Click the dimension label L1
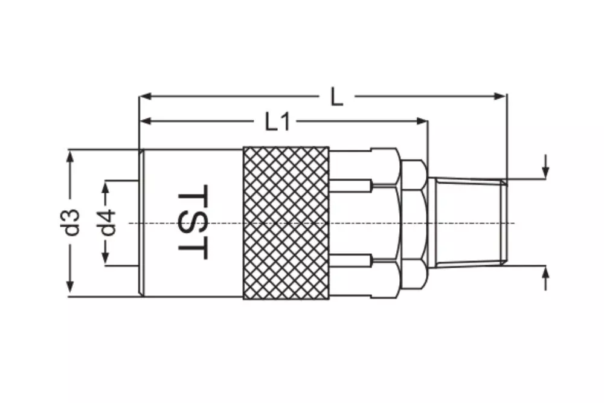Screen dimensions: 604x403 click(x=277, y=122)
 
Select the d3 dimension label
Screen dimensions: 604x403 click(x=72, y=222)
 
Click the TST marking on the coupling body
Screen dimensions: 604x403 click(x=194, y=222)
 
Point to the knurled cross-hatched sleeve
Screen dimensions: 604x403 click(x=286, y=223)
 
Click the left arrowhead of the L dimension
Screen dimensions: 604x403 click(x=145, y=96)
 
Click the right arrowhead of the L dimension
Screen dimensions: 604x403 click(x=500, y=96)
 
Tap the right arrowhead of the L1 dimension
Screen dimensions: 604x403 click(x=423, y=121)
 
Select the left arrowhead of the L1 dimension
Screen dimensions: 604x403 click(x=145, y=121)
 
